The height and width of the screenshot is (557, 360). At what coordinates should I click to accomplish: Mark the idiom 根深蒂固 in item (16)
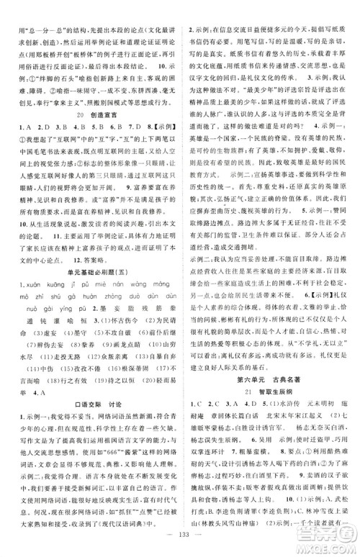point(141,424)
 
